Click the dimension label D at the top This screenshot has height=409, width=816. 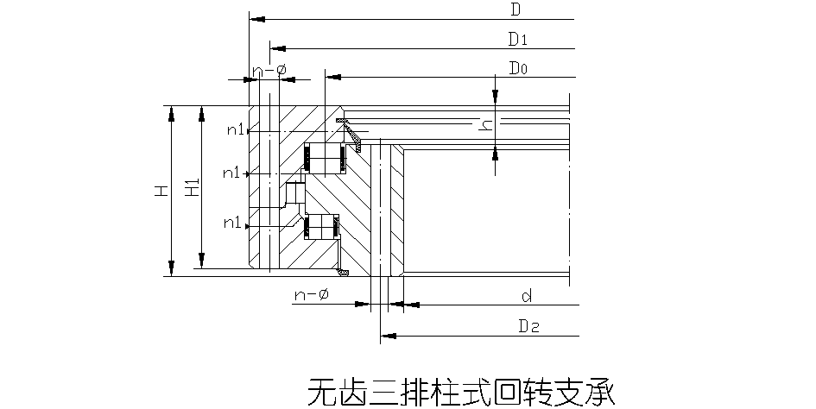click(x=515, y=10)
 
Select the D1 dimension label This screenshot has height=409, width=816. click(x=517, y=39)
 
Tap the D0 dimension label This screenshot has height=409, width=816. click(x=518, y=67)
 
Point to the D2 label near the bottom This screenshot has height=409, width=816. click(x=528, y=326)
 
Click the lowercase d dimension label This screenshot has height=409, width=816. click(x=526, y=297)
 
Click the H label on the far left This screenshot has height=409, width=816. click(x=161, y=192)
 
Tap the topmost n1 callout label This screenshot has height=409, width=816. click(x=236, y=130)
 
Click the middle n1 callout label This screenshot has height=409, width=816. click(x=231, y=173)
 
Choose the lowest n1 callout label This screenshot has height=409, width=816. click(x=231, y=223)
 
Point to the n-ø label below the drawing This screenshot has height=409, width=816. click(x=311, y=295)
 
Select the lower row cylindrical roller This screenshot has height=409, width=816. click(x=321, y=226)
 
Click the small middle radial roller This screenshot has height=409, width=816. click(x=294, y=193)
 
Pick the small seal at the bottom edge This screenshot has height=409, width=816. click(x=343, y=274)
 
